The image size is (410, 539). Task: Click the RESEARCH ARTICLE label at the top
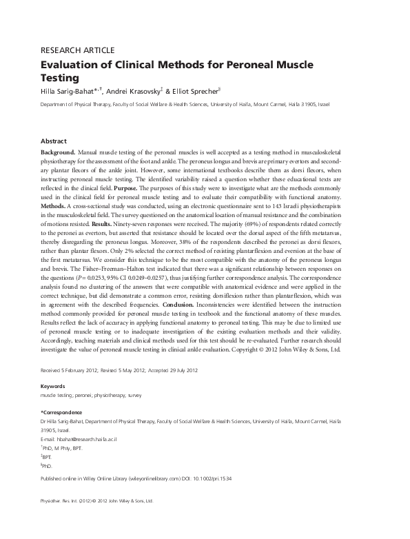pyautogui.click(x=78, y=50)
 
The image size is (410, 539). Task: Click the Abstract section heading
pyautogui.click(x=54, y=140)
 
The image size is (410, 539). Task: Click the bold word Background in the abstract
pyautogui.click(x=57, y=151)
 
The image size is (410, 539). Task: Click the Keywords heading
pyautogui.click(x=53, y=386)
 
